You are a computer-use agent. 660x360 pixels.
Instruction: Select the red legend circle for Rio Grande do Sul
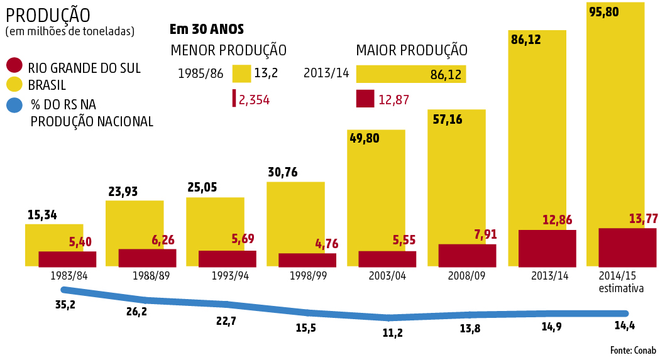[x=14, y=66]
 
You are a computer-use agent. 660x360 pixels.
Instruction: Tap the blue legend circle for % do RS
[x=14, y=105]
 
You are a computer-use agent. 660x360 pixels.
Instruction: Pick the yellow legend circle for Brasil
[x=14, y=85]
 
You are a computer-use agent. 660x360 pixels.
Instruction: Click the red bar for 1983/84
[x=67, y=259]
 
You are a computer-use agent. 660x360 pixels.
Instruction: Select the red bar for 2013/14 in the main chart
[x=547, y=248]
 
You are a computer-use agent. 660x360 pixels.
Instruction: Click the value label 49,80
[x=364, y=138]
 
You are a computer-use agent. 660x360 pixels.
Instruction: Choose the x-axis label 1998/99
[x=308, y=276]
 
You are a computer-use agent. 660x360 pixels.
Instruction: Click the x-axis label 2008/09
[x=466, y=276]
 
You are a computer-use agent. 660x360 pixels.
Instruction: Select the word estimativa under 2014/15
[x=621, y=288]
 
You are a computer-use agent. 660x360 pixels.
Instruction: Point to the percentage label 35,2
[x=65, y=305]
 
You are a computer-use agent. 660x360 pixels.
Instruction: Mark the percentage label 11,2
[x=392, y=333]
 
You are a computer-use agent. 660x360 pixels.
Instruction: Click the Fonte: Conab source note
[x=632, y=350]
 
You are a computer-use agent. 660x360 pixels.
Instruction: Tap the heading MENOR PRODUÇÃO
[x=229, y=50]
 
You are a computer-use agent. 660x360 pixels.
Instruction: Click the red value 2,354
[x=254, y=99]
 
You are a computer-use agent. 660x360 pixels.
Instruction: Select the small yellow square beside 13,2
[x=241, y=74]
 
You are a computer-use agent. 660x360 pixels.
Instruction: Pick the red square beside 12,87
[x=365, y=99]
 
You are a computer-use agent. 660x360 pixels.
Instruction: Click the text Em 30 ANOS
[x=207, y=29]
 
